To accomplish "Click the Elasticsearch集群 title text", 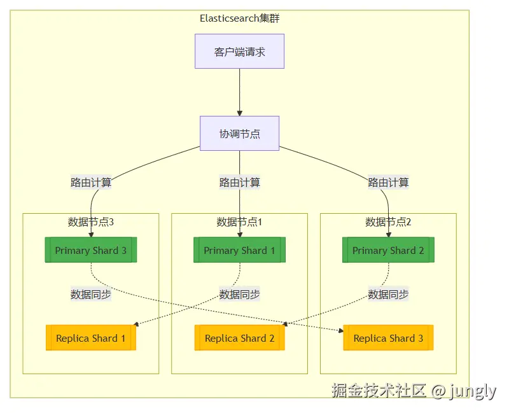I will [239, 18].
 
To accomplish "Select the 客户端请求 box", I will [239, 52].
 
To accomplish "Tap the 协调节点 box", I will [239, 134].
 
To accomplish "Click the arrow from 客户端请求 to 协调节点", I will [239, 92].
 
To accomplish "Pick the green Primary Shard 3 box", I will [91, 250].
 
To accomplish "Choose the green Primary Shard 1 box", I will [239, 250].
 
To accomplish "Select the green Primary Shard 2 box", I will [388, 250].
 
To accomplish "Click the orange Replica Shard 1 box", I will [91, 338].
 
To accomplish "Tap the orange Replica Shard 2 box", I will [239, 338].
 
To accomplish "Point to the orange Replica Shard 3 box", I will [388, 338].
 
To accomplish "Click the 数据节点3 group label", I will [91, 222].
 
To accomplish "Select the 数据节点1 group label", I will [239, 222].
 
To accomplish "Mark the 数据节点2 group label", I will [388, 222].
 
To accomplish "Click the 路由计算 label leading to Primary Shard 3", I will [91, 183].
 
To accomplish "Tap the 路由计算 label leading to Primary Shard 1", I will [239, 183].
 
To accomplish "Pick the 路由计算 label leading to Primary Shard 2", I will [388, 183].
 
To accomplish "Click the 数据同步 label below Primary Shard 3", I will [91, 295].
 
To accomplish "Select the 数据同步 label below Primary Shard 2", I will [388, 295].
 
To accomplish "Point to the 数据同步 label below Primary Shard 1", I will [239, 295].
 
